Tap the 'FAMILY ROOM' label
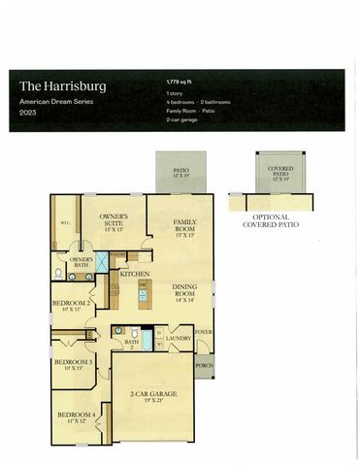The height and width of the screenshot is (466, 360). [185, 226]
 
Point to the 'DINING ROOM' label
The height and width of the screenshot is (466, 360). [186, 292]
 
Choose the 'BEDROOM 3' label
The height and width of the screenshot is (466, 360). [73, 365]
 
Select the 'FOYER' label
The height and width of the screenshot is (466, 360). [203, 332]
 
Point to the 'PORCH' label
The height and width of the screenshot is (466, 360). [205, 366]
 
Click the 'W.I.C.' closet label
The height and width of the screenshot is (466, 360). [65, 221]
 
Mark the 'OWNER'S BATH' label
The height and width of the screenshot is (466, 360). [80, 262]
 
